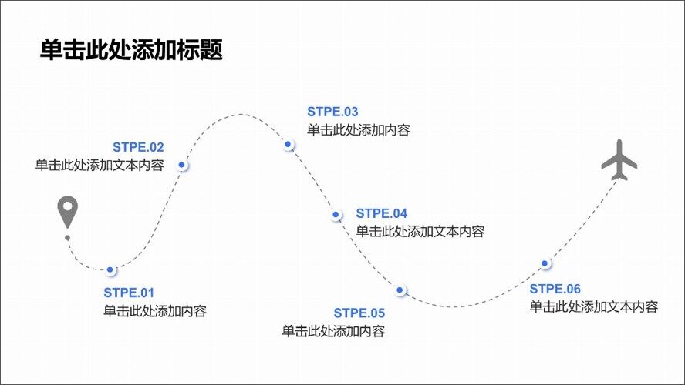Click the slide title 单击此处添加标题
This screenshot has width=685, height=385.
(131, 51)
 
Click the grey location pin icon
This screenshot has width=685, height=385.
(69, 212)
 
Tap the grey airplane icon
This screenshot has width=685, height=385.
(619, 159)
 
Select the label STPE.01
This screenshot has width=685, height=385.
(129, 293)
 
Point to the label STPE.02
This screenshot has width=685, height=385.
(138, 147)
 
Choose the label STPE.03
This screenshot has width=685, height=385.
(332, 112)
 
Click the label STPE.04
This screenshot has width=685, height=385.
(381, 213)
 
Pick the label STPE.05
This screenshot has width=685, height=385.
(359, 313)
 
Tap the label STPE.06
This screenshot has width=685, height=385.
(555, 289)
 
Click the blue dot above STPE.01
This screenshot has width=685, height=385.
(110, 269)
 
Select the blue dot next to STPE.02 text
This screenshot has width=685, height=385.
(182, 165)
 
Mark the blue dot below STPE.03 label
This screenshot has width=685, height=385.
(288, 144)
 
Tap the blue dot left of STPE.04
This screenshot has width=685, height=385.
(336, 215)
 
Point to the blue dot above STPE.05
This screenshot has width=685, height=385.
(400, 290)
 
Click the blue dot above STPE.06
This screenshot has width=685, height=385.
(545, 263)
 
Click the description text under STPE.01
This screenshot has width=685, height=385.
(154, 311)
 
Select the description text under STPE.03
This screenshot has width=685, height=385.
(358, 130)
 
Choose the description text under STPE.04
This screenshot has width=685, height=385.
(420, 231)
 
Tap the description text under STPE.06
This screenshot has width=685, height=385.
(593, 306)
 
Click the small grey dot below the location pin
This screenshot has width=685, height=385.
(67, 238)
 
